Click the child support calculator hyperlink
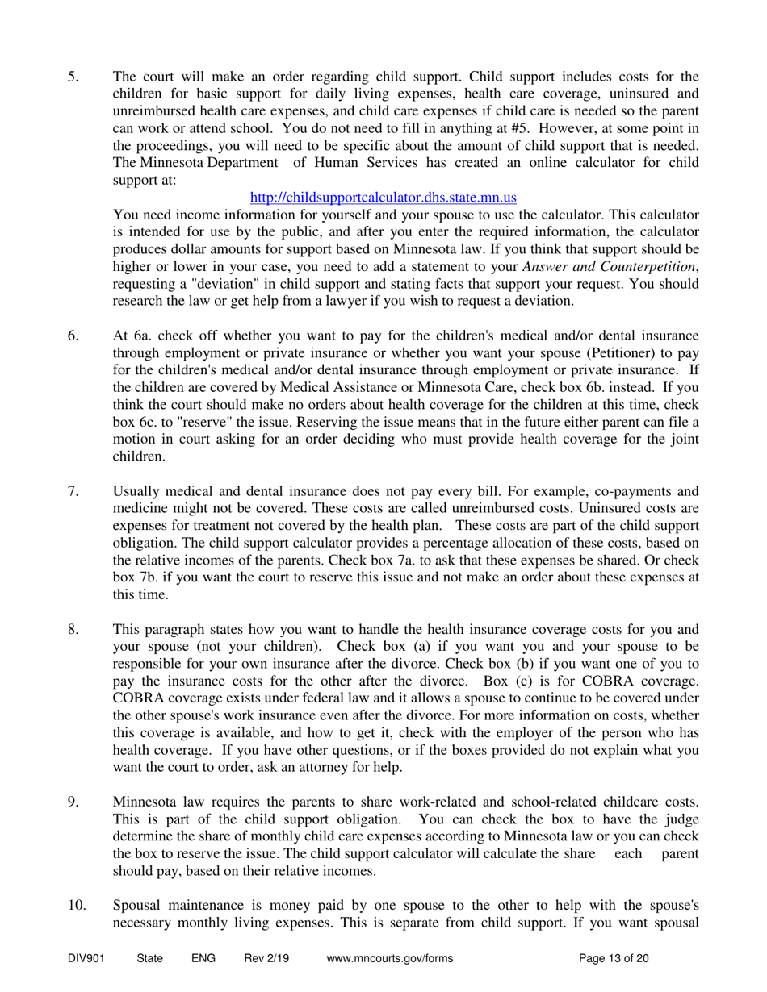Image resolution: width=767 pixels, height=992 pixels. point(383,197)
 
